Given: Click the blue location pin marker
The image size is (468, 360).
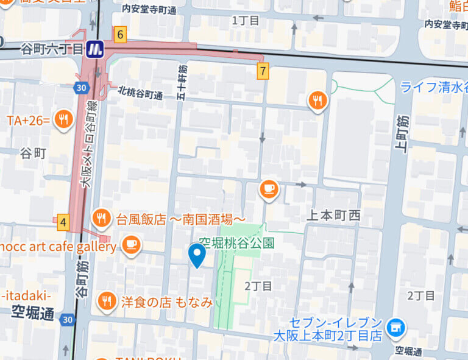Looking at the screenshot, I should (196, 255).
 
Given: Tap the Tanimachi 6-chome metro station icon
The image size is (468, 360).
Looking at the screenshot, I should (94, 49).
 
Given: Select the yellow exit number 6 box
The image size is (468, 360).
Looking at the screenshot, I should (120, 35).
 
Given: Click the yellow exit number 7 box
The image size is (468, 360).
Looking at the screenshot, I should (263, 71).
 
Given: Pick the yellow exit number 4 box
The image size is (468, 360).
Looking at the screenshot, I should (63, 223).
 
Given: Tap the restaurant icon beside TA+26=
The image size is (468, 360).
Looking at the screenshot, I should (63, 121).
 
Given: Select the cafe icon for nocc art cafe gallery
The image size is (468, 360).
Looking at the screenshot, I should (130, 246).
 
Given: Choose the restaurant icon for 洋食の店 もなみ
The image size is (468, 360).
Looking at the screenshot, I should (107, 301).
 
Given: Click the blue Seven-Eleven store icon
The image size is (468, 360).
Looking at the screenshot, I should (396, 328).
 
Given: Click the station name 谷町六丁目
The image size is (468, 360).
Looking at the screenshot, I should (52, 49).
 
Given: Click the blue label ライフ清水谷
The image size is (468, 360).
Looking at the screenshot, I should (434, 87).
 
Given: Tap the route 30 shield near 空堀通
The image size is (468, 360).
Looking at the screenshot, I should (67, 319).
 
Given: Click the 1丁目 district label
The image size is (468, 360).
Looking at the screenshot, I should (246, 21).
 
